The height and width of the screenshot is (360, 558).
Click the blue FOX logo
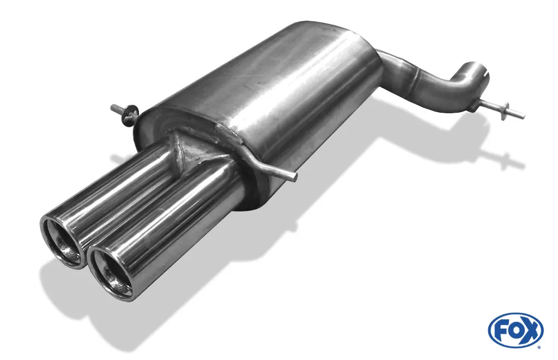515,329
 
